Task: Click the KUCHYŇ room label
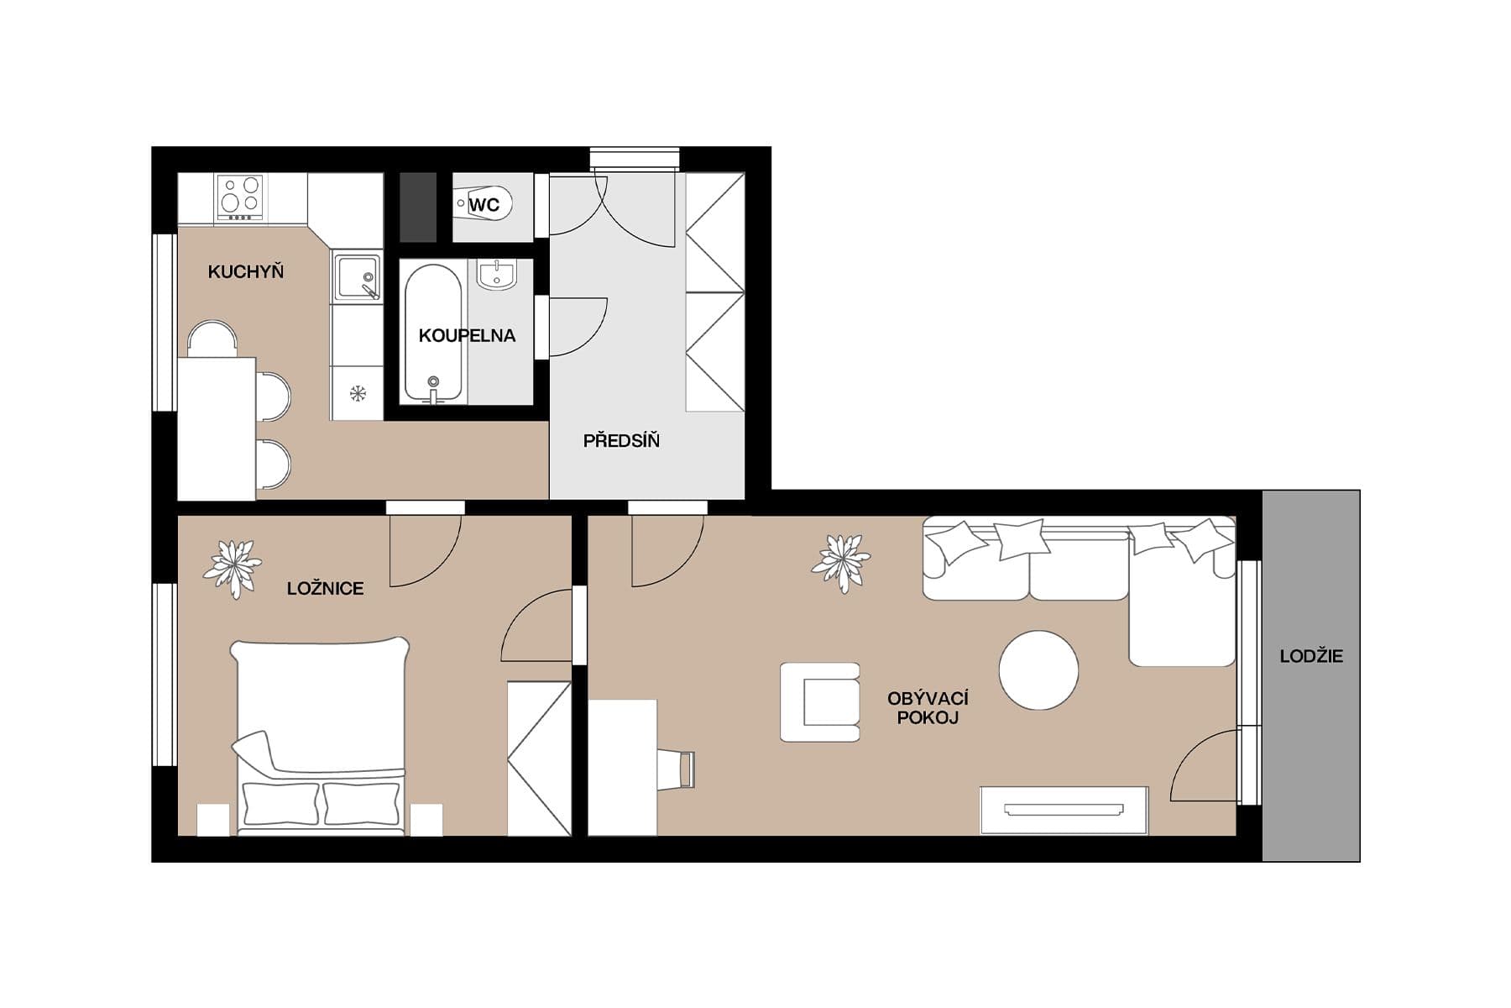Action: pos(245,272)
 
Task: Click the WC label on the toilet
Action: pos(484,205)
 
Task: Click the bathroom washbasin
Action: pos(497,274)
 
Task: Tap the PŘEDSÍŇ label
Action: pos(621,441)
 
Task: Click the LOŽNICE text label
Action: pos(325,589)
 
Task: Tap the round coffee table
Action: pos(1038,670)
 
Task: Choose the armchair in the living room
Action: pos(820,702)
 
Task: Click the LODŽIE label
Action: pos(1310,657)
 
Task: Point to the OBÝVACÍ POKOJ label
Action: pos(928,708)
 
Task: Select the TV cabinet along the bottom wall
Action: pos(1064,810)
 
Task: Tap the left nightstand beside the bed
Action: pos(213,820)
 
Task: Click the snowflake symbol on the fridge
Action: pos(358,392)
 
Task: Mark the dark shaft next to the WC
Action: pos(418,207)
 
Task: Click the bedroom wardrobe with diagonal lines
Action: pos(539,759)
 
